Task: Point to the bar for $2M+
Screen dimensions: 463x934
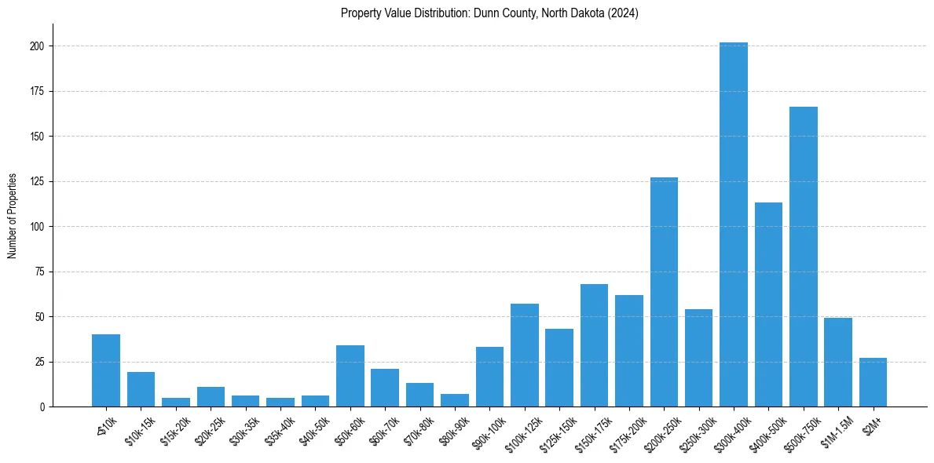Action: pos(873,382)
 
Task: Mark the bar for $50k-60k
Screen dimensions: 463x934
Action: pos(350,376)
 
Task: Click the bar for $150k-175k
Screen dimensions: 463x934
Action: pos(594,345)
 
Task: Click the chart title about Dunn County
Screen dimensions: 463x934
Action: pos(489,13)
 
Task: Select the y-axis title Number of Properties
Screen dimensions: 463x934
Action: pos(13,216)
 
